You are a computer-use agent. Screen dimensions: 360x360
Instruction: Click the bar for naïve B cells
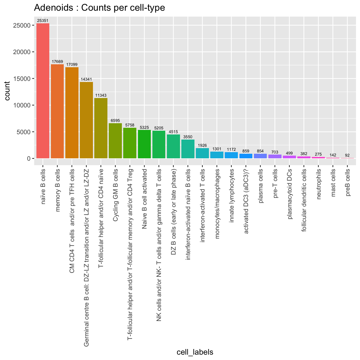click(43, 91)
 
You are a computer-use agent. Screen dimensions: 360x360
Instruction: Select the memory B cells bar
click(57, 111)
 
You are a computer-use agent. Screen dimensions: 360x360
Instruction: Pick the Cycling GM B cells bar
click(115, 141)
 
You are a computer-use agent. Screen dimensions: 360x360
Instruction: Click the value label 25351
click(43, 20)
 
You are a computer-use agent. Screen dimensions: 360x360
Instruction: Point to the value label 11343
click(101, 95)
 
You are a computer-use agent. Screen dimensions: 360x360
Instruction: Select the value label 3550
click(188, 137)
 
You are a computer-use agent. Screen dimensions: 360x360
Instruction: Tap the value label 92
click(347, 155)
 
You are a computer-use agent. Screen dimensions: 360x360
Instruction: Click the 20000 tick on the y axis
click(23, 52)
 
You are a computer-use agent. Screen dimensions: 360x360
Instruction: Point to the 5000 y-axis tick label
click(24, 132)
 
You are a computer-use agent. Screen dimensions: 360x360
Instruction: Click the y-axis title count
click(7, 91)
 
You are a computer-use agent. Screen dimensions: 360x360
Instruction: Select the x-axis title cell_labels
click(195, 352)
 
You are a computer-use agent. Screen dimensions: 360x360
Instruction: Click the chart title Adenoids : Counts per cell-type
click(99, 8)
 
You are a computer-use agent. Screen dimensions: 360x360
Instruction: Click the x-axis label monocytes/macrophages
click(217, 204)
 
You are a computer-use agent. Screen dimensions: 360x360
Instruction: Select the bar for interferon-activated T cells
click(202, 153)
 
